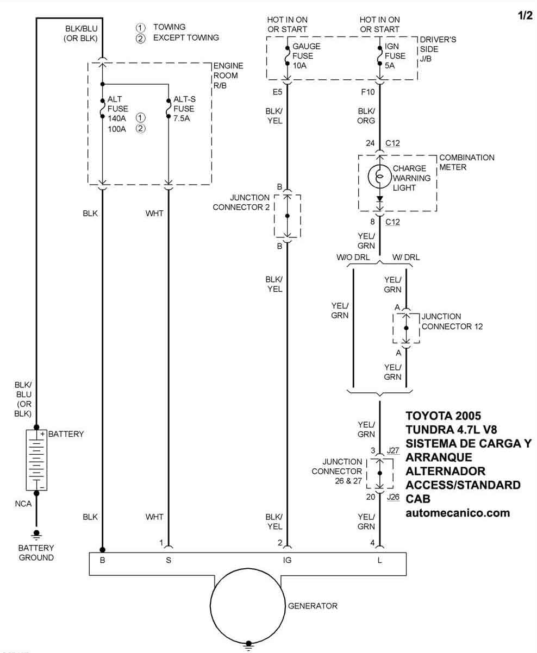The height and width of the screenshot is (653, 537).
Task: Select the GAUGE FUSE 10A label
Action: click(306, 56)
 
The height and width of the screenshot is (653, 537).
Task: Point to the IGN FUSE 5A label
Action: click(395, 56)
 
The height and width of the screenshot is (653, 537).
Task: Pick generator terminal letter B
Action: click(102, 560)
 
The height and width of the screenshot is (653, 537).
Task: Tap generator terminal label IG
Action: click(288, 560)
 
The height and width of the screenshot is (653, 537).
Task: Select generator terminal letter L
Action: click(379, 560)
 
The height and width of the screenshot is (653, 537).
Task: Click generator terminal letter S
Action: click(168, 560)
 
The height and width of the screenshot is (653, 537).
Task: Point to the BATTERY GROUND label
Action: click(36, 553)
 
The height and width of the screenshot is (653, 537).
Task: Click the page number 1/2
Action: click(525, 16)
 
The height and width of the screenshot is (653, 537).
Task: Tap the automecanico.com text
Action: click(458, 512)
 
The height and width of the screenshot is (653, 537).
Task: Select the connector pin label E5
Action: click(277, 92)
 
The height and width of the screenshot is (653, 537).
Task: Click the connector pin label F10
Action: click(368, 92)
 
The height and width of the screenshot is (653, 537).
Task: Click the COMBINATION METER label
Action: click(466, 162)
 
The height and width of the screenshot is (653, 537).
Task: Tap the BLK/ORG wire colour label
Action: click(366, 116)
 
